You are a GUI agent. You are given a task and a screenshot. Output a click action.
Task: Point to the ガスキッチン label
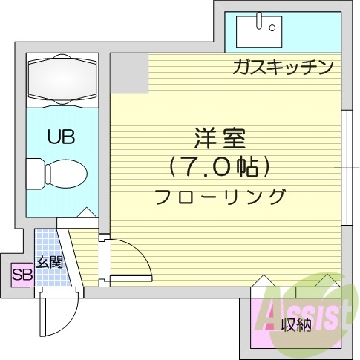281,68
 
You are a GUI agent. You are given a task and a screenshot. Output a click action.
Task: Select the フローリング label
220,197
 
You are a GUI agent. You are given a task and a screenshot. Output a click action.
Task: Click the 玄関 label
48,263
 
